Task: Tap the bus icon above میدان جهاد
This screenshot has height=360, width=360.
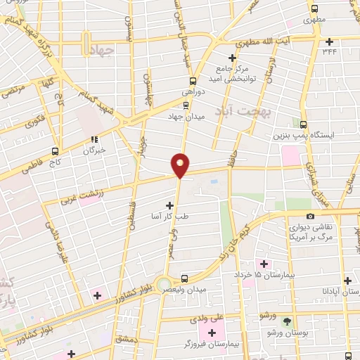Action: point(186,105)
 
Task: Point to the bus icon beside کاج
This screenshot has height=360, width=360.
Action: point(56,151)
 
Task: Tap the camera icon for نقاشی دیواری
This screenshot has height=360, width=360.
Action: point(310,217)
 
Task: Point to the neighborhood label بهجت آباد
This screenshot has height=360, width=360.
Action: point(255,111)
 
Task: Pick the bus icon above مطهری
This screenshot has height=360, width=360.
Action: point(314,10)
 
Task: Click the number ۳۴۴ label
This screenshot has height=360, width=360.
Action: point(328,51)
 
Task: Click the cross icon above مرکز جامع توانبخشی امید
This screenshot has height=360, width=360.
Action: point(233,58)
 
